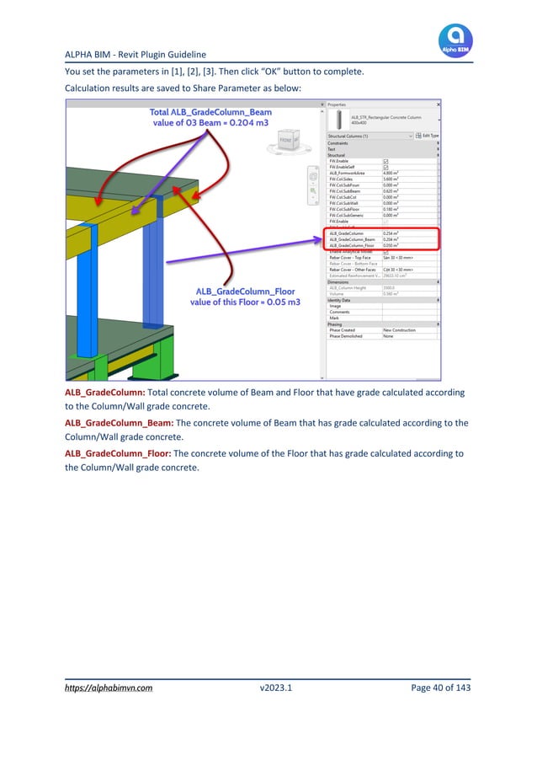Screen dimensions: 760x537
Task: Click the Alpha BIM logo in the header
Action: (455, 40)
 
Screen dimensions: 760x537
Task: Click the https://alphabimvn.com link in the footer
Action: (109, 688)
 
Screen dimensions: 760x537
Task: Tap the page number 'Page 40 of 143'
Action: (440, 688)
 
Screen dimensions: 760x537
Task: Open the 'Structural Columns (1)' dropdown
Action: (370, 135)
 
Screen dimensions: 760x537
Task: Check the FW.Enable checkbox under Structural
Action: (386, 160)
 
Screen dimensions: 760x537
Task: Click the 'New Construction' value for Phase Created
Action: (399, 329)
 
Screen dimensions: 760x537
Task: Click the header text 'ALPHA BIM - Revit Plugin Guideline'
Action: (136, 55)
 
